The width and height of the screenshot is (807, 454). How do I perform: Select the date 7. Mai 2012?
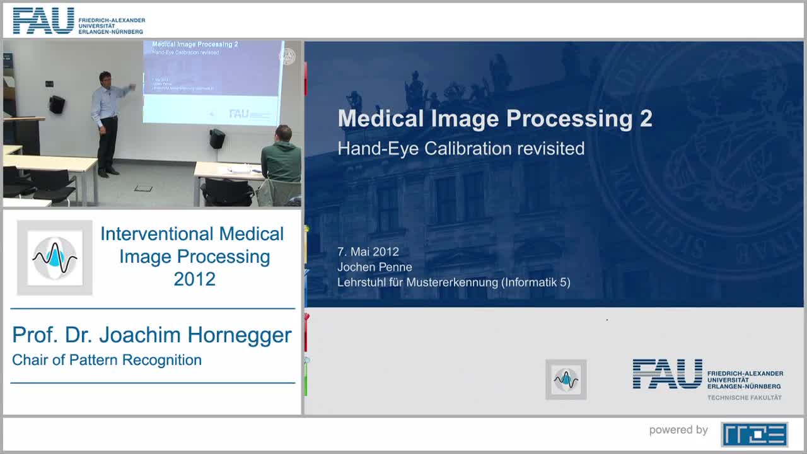(x=368, y=252)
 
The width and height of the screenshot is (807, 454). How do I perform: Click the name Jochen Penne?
(x=374, y=267)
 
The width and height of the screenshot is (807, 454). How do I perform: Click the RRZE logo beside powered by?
(x=754, y=434)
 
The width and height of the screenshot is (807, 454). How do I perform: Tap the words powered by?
(x=678, y=430)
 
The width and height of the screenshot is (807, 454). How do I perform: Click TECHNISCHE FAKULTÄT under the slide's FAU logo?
(x=744, y=398)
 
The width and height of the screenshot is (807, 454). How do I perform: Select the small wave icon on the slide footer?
(x=566, y=380)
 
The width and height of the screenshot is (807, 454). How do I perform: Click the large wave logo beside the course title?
(x=55, y=257)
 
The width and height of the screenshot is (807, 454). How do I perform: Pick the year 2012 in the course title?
(x=194, y=279)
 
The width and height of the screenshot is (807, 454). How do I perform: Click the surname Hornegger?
(x=243, y=335)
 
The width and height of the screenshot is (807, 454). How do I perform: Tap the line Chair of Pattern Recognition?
(x=107, y=360)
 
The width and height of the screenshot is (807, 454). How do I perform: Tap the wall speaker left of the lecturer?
(x=57, y=104)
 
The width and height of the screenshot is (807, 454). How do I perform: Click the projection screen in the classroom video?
(x=212, y=82)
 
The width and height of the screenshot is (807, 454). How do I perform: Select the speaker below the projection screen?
(x=217, y=138)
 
